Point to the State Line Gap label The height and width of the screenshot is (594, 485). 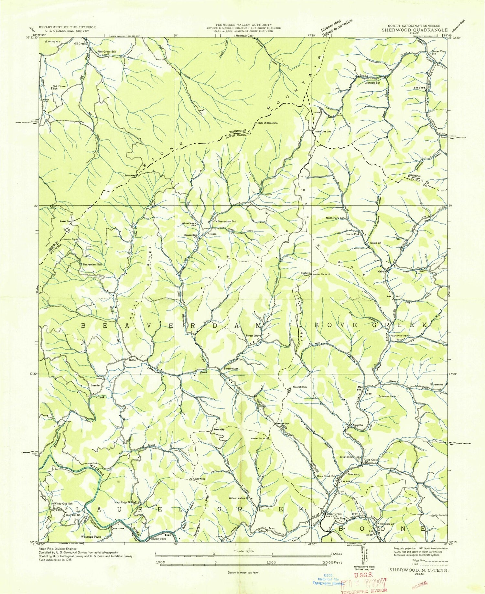tap(321, 132)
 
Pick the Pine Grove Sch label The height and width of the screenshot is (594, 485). tap(106, 51)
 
